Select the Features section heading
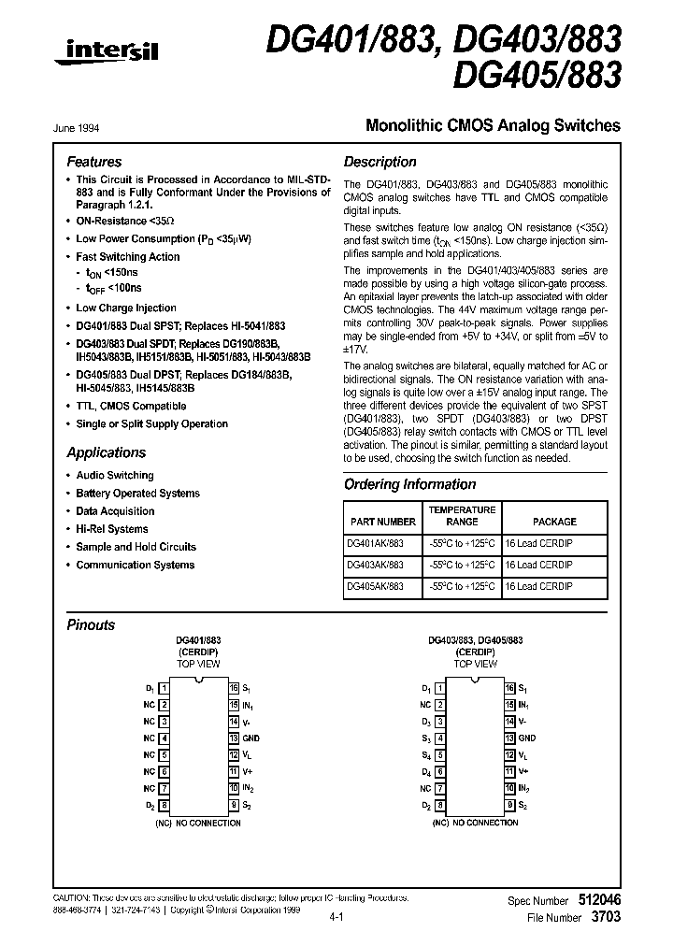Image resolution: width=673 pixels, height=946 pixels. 93,162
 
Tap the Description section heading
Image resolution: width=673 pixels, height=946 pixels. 379,162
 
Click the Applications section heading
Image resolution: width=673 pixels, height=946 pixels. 106,452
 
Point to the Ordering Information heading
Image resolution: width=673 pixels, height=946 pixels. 409,484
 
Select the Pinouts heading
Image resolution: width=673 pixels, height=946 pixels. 91,625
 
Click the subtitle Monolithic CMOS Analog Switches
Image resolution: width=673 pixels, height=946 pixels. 492,124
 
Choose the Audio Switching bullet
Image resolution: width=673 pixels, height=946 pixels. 114,476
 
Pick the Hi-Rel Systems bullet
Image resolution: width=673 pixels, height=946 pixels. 111,529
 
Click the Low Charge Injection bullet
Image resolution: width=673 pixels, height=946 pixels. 125,308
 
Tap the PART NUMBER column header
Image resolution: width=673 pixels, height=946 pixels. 383,522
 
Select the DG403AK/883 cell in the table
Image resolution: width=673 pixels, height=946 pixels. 376,565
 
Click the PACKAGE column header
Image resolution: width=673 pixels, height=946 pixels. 554,522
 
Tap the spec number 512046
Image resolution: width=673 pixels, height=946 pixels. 597,899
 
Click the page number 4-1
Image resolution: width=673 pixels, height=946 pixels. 337,920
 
